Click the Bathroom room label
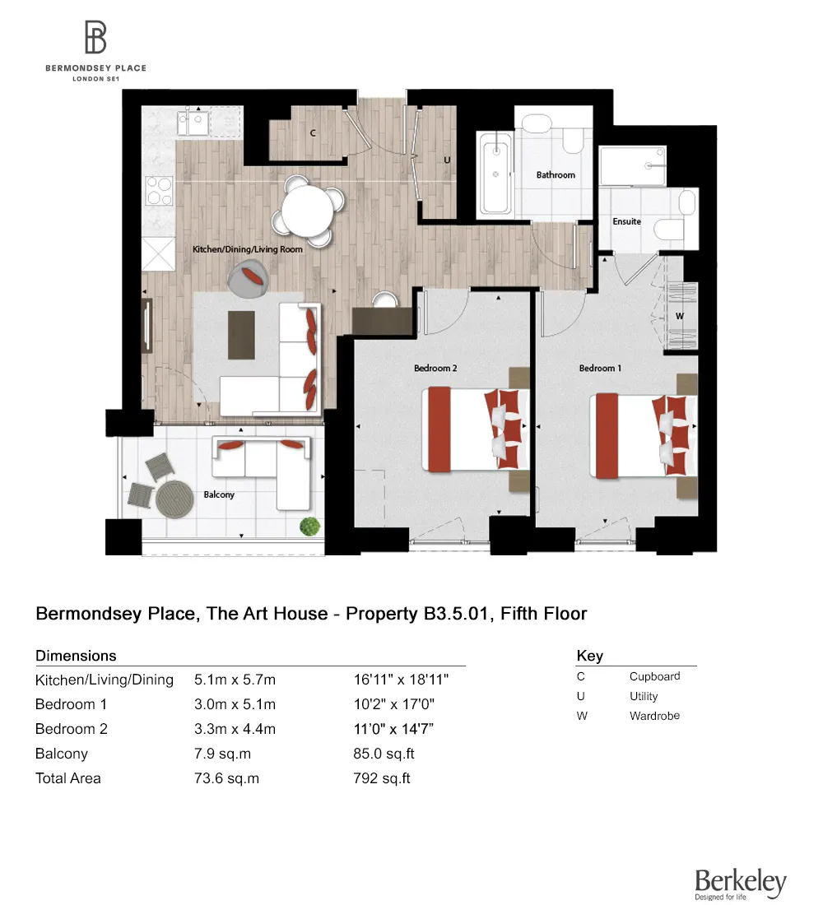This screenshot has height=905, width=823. click(x=556, y=175)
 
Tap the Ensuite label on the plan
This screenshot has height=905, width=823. click(x=626, y=221)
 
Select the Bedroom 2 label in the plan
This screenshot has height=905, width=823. click(x=436, y=368)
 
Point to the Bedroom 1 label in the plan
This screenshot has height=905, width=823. click(x=600, y=368)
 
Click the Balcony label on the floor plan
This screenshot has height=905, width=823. click(x=219, y=494)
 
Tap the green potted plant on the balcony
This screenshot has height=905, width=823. click(x=309, y=525)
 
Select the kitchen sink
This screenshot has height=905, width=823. click(x=194, y=124)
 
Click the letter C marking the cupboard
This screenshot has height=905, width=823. click(x=314, y=132)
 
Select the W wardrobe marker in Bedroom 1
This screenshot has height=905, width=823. click(x=679, y=315)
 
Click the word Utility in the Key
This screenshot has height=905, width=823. click(x=644, y=696)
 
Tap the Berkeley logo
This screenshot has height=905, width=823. click(x=740, y=884)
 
